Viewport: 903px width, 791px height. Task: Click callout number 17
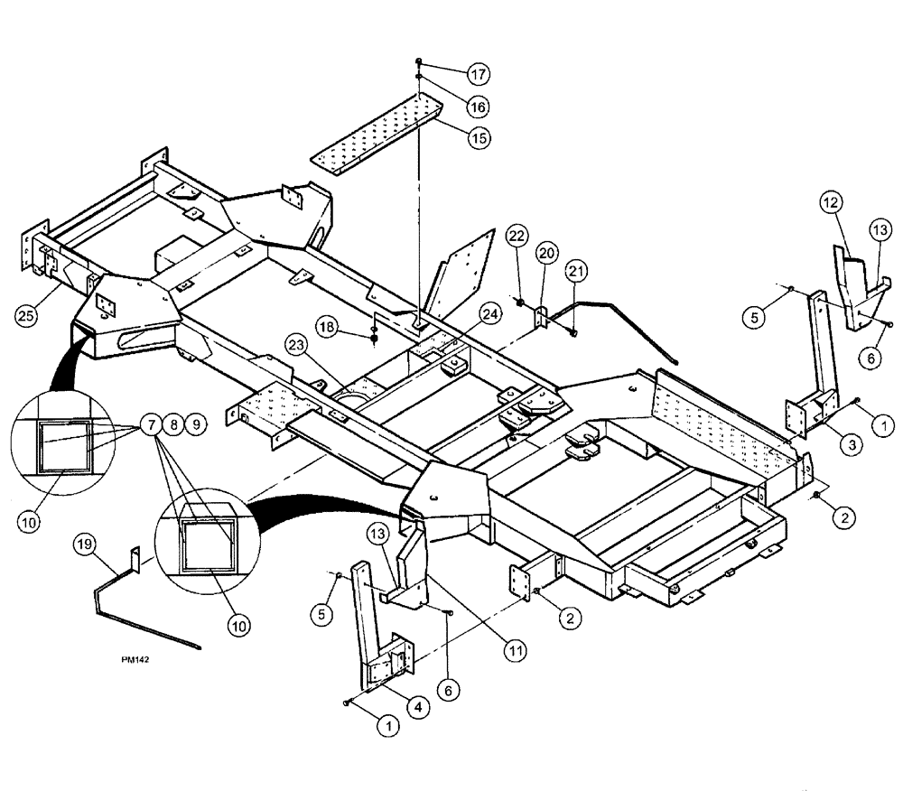tap(478, 74)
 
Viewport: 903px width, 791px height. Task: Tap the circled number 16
tap(478, 106)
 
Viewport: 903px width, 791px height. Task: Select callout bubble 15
tap(478, 137)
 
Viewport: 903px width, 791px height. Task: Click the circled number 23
tap(298, 343)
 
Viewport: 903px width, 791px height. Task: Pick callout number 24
tap(489, 314)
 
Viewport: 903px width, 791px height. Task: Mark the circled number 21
tap(577, 270)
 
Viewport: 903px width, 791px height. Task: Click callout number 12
tap(832, 203)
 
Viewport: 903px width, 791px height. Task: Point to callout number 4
tap(417, 707)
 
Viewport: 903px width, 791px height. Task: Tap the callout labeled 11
tap(513, 647)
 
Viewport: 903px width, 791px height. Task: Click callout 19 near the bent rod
tap(83, 542)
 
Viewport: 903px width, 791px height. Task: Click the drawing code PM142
tap(135, 660)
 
